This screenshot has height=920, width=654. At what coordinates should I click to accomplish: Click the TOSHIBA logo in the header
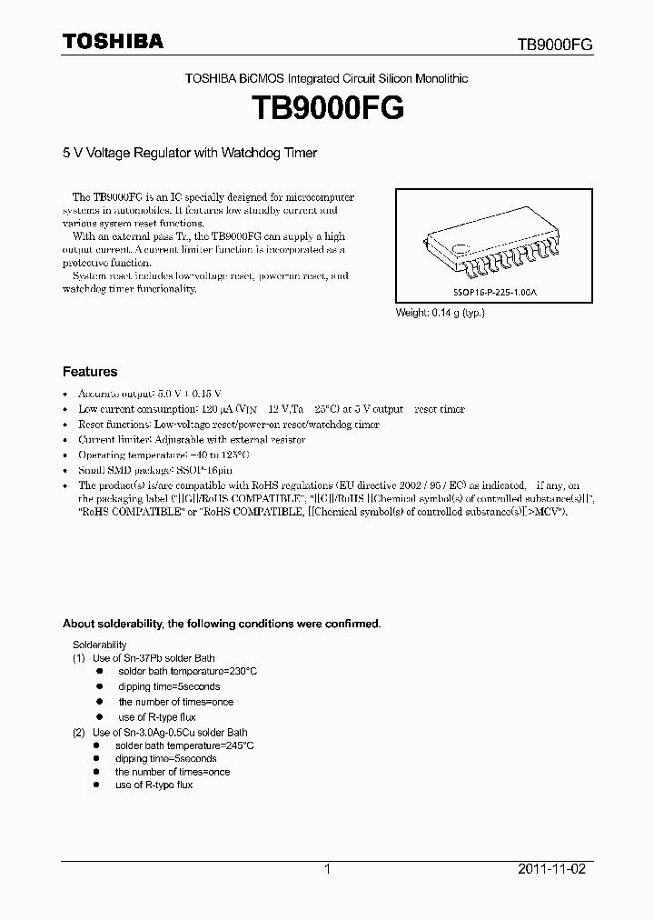(113, 41)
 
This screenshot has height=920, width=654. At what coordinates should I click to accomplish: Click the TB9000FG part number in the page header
(555, 45)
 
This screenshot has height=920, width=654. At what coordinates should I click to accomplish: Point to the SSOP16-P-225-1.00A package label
(492, 295)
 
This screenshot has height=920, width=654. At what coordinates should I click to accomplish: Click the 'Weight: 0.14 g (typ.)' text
(440, 313)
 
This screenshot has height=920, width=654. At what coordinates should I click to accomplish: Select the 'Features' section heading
(89, 372)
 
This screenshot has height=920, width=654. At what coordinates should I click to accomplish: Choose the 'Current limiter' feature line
(191, 439)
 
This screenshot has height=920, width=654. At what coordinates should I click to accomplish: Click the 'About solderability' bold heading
(221, 624)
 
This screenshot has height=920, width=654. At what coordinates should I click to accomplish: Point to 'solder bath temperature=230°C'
(187, 671)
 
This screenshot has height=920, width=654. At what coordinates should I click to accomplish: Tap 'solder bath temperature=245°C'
(184, 745)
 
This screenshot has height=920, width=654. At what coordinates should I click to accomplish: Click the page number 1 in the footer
(327, 869)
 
